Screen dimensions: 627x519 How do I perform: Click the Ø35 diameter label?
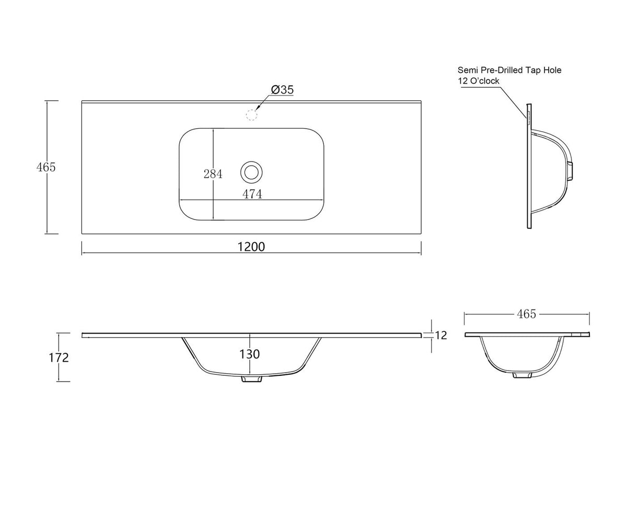(282, 89)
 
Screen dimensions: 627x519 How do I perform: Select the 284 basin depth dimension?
(213, 174)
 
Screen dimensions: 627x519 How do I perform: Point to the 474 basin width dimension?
(252, 194)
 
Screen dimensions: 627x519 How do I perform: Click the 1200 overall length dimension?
(251, 247)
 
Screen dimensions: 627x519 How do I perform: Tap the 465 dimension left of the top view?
(46, 167)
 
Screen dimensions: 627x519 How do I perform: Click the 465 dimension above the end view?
(526, 314)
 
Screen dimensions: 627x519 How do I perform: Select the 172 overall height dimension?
(59, 357)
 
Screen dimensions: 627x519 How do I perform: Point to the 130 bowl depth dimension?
(250, 354)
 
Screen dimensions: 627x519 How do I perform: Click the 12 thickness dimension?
(441, 335)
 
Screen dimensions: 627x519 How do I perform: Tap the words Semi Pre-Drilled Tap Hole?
(509, 70)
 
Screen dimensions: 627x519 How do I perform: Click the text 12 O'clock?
(479, 81)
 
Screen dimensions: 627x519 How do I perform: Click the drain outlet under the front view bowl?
(252, 379)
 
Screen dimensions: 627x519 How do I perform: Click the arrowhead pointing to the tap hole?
(258, 106)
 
